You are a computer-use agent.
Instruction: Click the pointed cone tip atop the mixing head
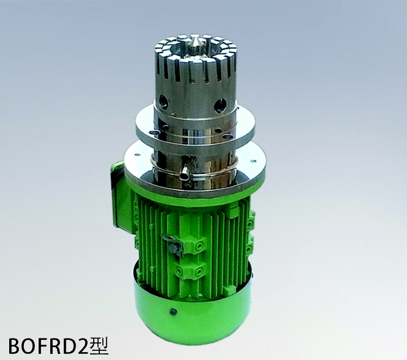195,41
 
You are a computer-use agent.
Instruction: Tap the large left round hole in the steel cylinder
163,100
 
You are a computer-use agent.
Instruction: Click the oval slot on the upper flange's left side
155,132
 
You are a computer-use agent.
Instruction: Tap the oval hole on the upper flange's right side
229,136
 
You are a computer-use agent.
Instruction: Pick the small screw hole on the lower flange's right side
252,161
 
